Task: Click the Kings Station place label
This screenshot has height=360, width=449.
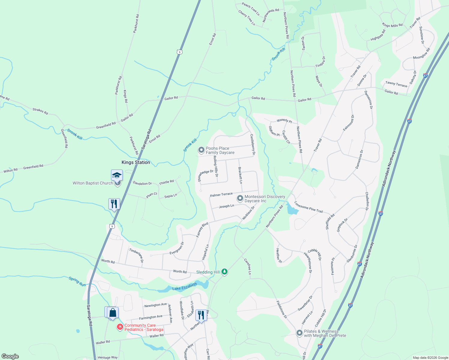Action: (x=136, y=162)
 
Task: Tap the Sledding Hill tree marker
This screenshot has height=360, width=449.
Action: (x=224, y=272)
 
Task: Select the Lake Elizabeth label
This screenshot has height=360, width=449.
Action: (x=185, y=286)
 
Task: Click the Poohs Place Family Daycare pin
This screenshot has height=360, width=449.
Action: (x=201, y=150)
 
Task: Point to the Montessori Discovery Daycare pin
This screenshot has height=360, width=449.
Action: (x=240, y=198)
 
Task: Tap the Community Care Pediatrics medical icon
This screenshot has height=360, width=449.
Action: (x=120, y=327)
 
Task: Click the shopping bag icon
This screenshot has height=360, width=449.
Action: (x=113, y=313)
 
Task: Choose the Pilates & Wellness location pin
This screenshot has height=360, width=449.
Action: (x=299, y=333)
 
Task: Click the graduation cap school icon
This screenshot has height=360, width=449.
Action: (x=117, y=175)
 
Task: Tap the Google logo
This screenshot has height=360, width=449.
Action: (x=10, y=356)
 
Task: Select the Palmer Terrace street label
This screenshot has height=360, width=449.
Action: (x=221, y=195)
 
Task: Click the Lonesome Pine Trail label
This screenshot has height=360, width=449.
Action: (x=309, y=207)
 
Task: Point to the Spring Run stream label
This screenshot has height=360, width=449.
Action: (x=77, y=281)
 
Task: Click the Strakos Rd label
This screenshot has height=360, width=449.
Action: (x=40, y=111)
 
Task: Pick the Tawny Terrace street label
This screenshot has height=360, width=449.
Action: (x=396, y=84)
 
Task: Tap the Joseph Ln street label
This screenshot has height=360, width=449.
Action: (x=226, y=206)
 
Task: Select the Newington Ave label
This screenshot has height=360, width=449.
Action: (x=155, y=305)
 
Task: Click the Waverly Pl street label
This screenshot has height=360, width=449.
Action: (x=284, y=121)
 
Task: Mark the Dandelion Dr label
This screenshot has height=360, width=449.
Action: (x=142, y=183)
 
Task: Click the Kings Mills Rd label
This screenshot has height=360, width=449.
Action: (x=392, y=25)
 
